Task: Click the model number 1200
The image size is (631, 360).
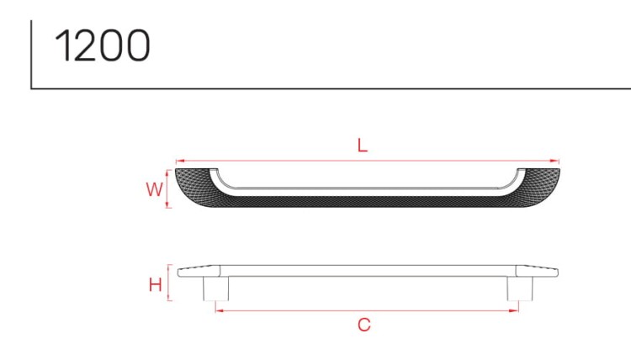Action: [x=102, y=45]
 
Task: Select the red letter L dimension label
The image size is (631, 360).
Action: [x=362, y=146]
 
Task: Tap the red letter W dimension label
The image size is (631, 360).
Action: [x=155, y=189]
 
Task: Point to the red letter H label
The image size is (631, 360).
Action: [x=156, y=285]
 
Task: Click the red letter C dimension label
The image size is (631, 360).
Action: [x=363, y=325]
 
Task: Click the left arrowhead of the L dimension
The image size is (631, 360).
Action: [x=180, y=161]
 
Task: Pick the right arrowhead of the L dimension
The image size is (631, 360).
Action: [x=554, y=161]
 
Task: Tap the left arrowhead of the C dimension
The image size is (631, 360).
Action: [x=220, y=310]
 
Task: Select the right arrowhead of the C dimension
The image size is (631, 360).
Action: [x=514, y=310]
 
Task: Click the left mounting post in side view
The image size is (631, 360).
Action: [x=215, y=289]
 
